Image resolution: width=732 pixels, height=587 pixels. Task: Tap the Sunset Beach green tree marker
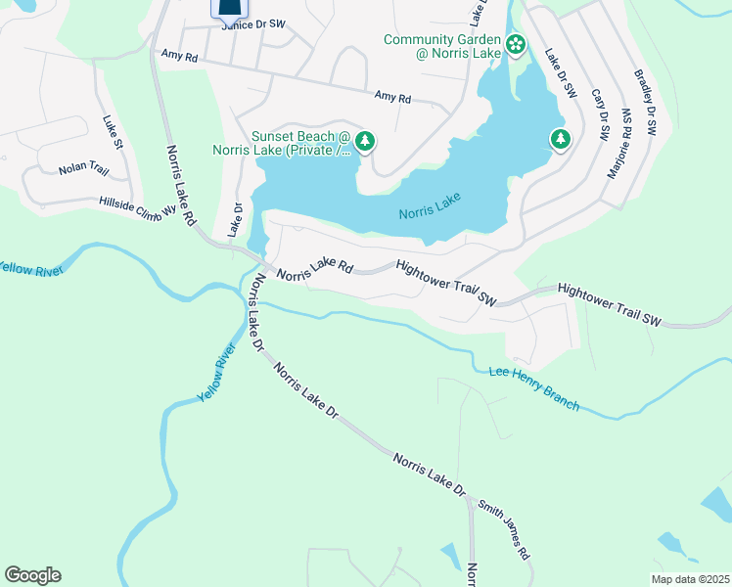tap(365, 143)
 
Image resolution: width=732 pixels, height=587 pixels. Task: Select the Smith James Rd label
tap(505, 528)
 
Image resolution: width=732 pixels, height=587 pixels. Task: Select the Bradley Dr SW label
tap(647, 102)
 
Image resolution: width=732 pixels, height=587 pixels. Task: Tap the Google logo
tap(32, 575)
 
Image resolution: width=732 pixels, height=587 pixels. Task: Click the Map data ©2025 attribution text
tap(689, 579)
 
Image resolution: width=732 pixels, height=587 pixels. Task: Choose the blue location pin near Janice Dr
tap(228, 10)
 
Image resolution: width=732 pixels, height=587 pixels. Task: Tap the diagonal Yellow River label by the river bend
tap(217, 372)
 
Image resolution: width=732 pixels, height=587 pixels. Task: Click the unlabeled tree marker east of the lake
tap(560, 139)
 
